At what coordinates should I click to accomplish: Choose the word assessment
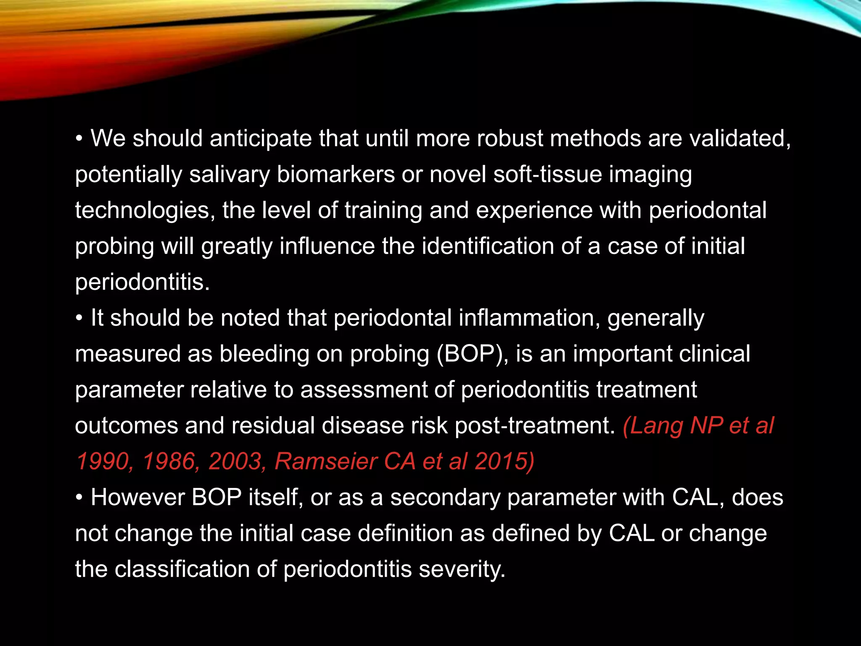pyautogui.click(x=364, y=389)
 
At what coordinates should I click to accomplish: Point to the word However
pyautogui.click(x=137, y=497)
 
